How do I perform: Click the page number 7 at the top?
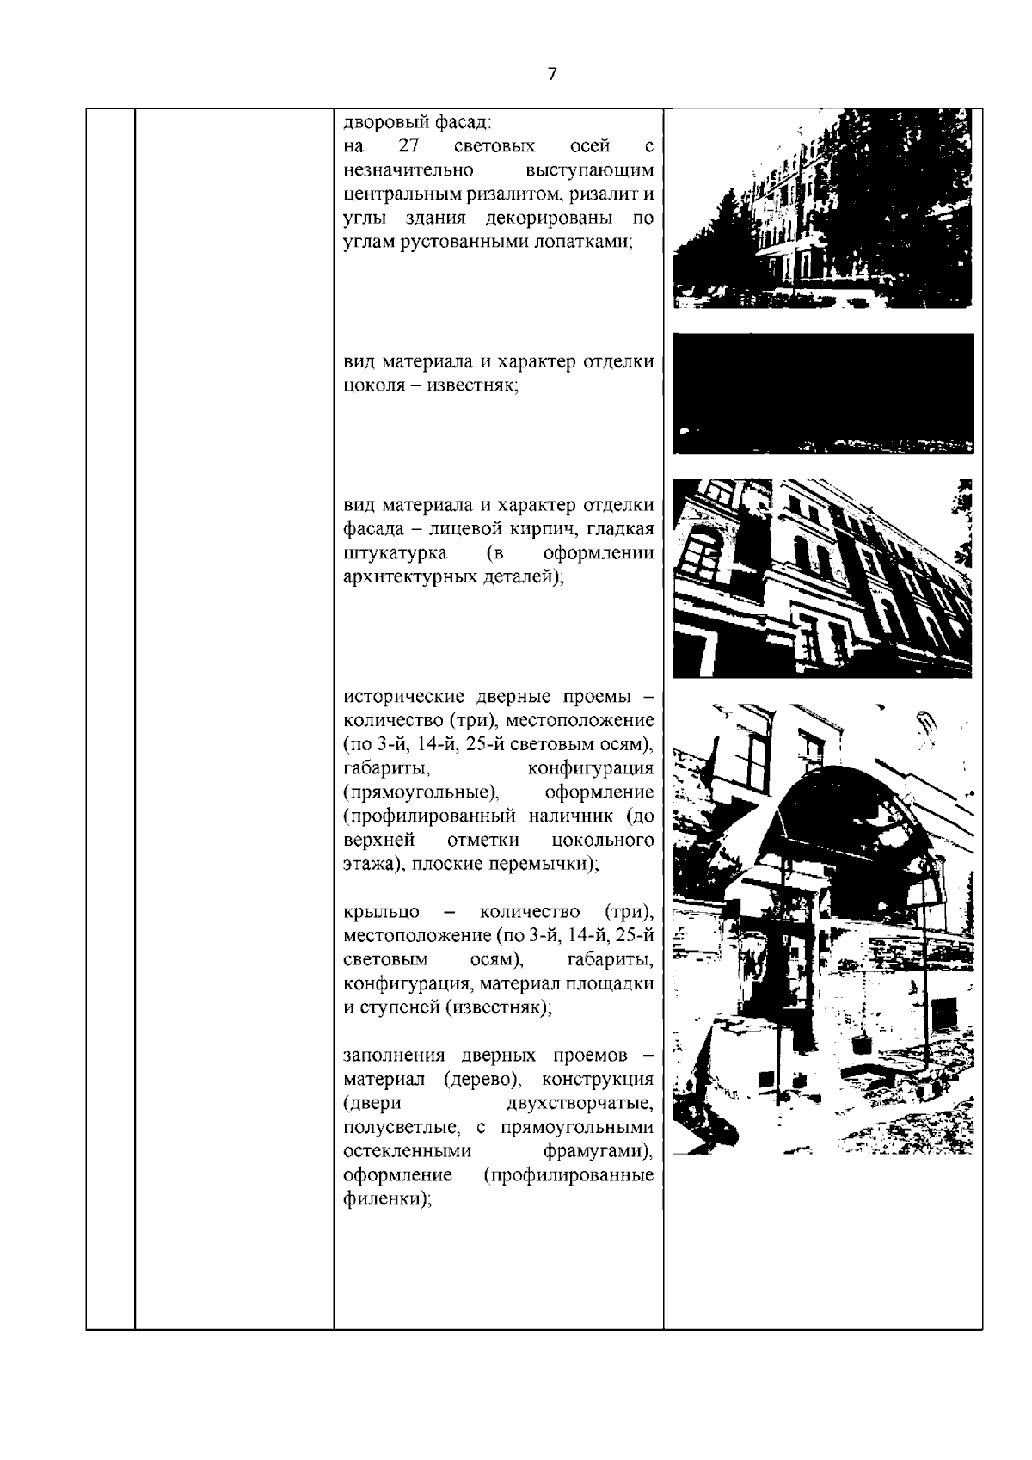tap(552, 74)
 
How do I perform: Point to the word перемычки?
tap(550, 864)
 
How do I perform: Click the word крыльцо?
tap(381, 911)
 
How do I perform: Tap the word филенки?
tap(385, 1199)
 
